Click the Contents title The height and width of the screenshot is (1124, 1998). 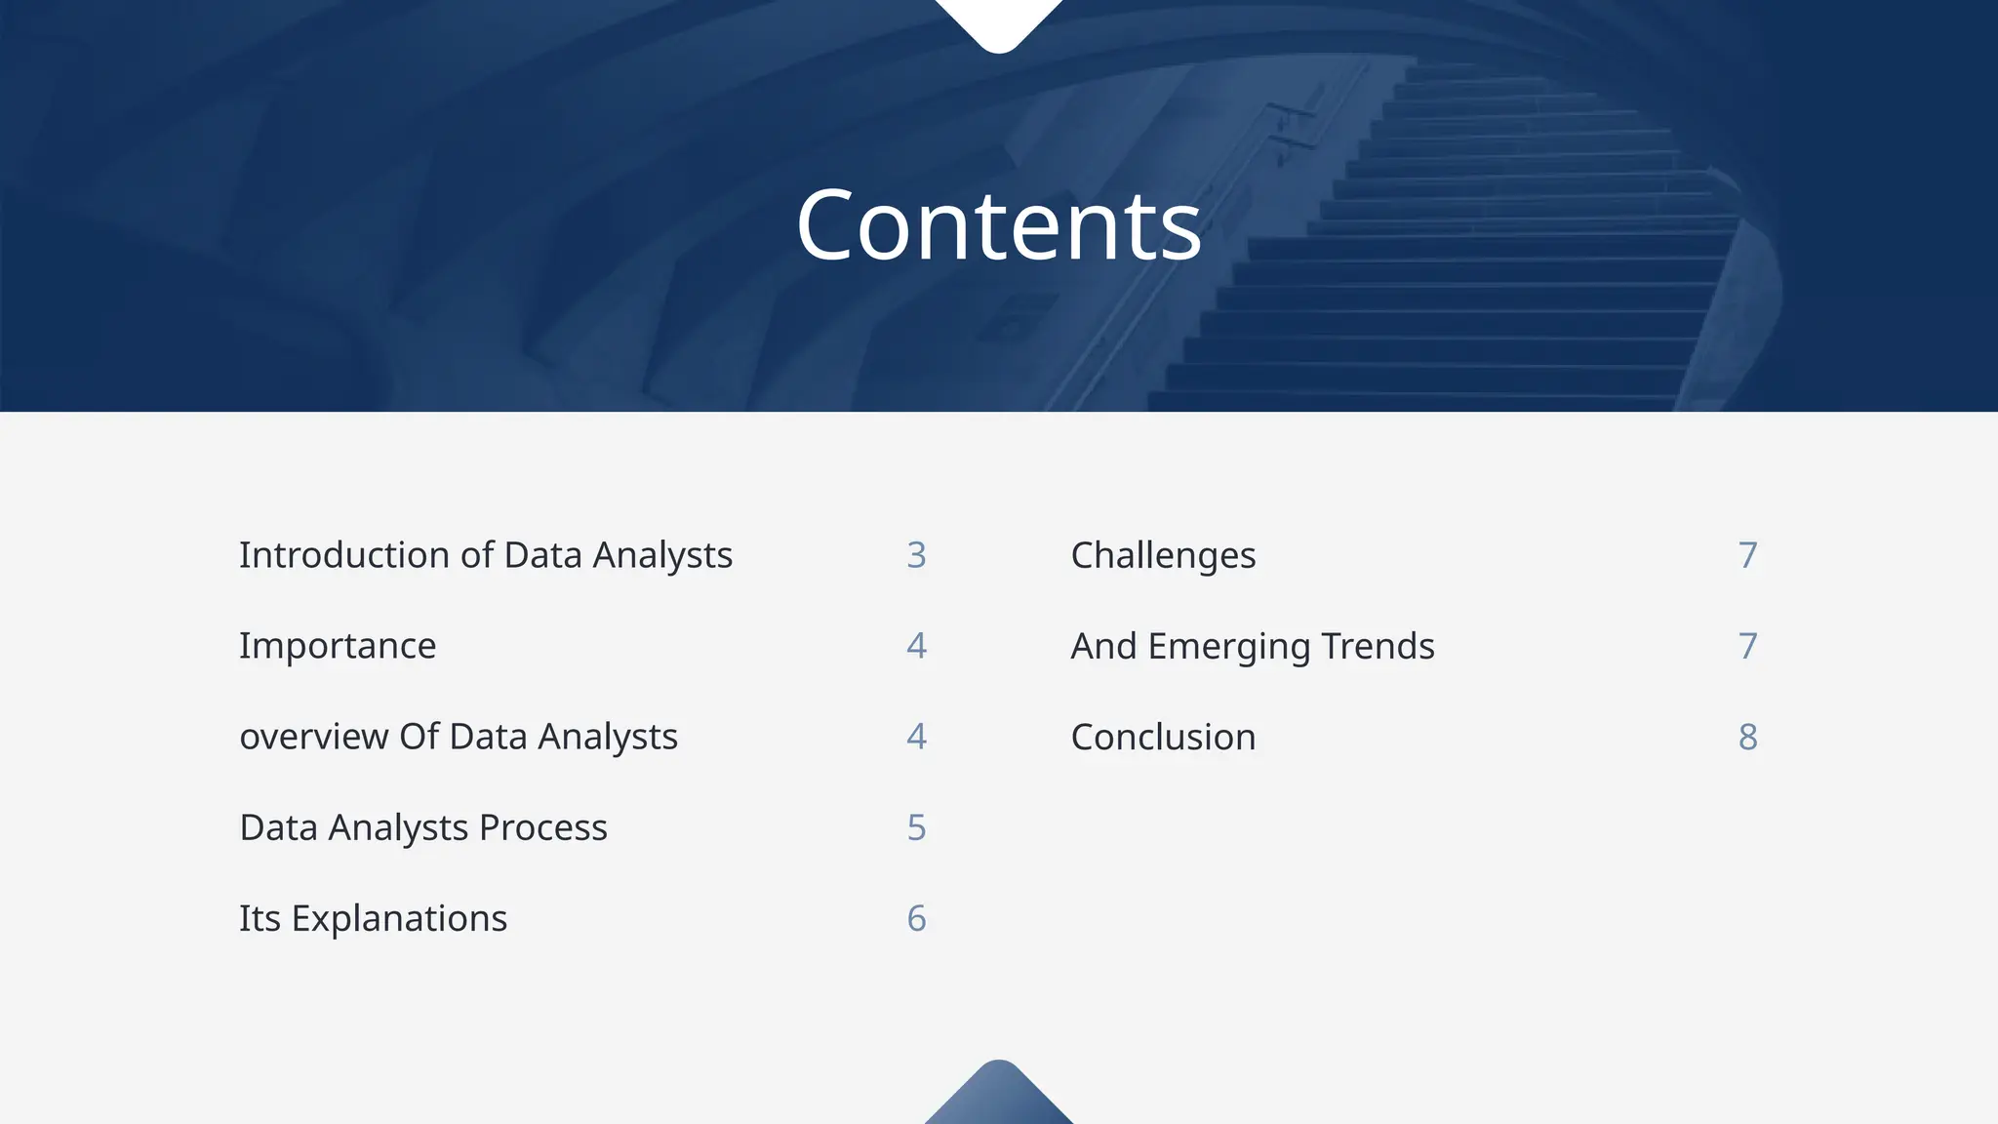pos(999,226)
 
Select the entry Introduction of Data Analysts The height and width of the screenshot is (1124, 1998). pos(485,555)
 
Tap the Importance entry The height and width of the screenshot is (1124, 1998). pos(338,646)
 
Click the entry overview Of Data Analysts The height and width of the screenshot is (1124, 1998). pos(459,737)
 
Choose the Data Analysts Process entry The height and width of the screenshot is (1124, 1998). pos(423,827)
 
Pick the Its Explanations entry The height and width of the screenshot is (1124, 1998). pos(373,918)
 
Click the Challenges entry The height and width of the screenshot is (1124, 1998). pos(1163,555)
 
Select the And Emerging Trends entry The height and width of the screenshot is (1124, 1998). pos(1253,646)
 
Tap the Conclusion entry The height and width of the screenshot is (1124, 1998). pos(1163,737)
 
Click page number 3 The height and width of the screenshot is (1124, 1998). pos(916,555)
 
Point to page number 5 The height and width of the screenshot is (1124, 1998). pos(916,827)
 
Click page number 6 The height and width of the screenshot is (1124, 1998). pos(916,918)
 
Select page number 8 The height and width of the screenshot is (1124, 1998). pos(1747,737)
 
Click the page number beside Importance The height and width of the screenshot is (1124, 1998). pos(916,646)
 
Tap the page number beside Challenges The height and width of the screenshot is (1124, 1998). pos(1747,555)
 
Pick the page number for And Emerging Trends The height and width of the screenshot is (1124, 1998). pos(1747,646)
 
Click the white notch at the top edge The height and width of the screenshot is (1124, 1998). pos(999,21)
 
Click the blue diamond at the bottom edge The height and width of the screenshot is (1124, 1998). pos(999,1098)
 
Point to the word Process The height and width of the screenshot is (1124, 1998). pos(543,827)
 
